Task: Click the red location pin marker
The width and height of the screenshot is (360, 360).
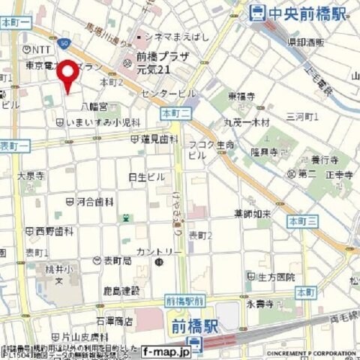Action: pyautogui.click(x=67, y=76)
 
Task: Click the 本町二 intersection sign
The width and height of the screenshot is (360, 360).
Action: pyautogui.click(x=176, y=112)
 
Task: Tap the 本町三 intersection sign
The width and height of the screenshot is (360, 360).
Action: pyautogui.click(x=303, y=220)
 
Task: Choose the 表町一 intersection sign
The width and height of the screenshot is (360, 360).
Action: pyautogui.click(x=14, y=145)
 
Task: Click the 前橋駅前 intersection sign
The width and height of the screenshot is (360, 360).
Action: pyautogui.click(x=184, y=299)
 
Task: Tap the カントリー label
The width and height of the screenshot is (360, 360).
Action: pyautogui.click(x=158, y=251)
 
